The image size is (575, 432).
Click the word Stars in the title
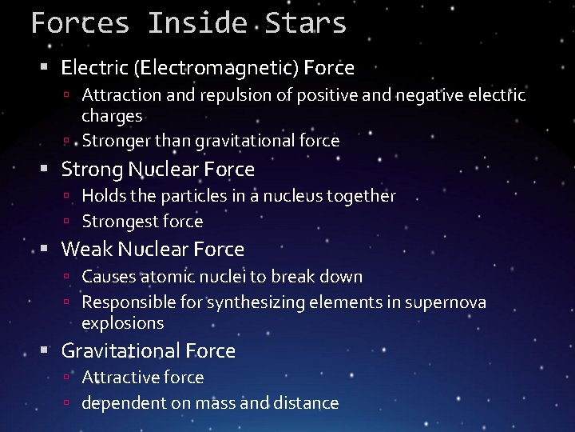[307, 22]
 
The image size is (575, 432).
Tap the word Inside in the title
[197, 22]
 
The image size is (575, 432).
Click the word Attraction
[121, 95]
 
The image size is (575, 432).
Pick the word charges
[112, 116]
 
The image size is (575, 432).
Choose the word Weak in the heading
[86, 249]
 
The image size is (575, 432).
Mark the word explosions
[122, 323]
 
